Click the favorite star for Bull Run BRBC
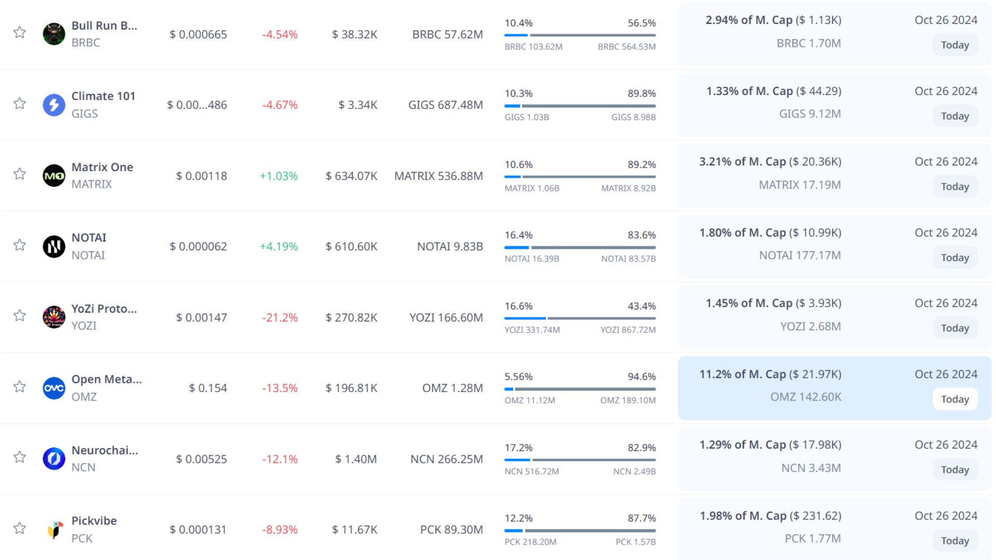pos(20,32)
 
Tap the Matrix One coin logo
pos(54,176)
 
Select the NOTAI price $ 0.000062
pos(198,246)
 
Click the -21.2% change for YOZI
pos(280,317)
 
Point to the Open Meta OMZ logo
pos(54,388)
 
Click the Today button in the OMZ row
pos(955,399)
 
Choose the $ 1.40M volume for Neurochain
pos(356,459)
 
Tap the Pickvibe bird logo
pos(54,529)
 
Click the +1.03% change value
pos(279,176)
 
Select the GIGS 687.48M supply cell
pos(445,105)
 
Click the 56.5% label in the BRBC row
pos(642,23)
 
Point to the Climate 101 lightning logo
pos(54,105)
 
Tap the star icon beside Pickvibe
pos(20,528)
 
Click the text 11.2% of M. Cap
pos(742,374)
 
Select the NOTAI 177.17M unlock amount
pos(800,255)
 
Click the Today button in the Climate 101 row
pos(955,116)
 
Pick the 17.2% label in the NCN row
pos(518,447)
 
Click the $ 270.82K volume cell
pos(351,317)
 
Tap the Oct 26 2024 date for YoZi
pos(946,303)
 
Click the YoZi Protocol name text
pos(104,309)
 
